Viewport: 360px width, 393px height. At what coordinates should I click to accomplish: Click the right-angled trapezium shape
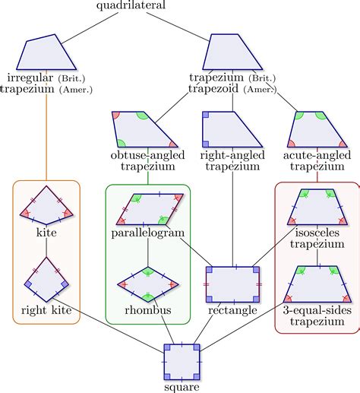(230, 128)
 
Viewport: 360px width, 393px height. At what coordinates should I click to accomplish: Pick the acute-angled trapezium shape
(317, 128)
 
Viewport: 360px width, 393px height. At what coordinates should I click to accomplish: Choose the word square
(183, 387)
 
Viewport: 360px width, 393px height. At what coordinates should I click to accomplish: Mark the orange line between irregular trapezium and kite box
(46, 137)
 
